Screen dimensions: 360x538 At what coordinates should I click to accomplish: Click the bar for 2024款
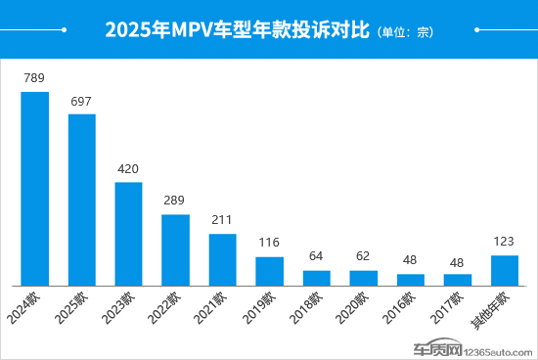point(34,188)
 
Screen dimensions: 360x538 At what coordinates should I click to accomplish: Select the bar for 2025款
point(81,200)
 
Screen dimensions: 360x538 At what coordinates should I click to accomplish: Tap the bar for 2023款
point(128,233)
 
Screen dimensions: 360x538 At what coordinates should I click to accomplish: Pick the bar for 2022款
point(175,249)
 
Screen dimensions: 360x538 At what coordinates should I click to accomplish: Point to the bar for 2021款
point(222,259)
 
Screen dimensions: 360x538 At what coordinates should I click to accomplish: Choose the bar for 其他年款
point(504,270)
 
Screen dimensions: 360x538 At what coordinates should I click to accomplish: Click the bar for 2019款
point(269,270)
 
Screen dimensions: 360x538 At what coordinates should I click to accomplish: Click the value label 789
point(34,77)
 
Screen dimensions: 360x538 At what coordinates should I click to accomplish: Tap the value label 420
point(128,168)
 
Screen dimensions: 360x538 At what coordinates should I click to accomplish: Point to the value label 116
point(269,242)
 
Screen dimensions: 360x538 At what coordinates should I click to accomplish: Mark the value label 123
point(504,241)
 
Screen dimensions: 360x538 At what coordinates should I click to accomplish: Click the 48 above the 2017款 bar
point(457,260)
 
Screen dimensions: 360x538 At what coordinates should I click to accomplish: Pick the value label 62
point(363,256)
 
